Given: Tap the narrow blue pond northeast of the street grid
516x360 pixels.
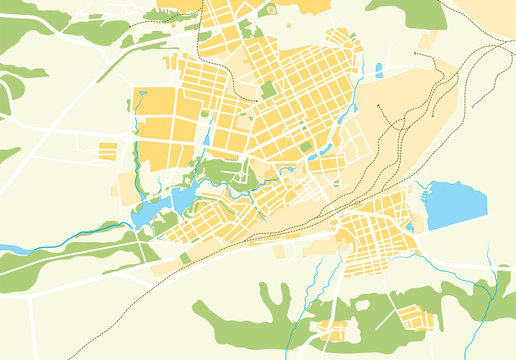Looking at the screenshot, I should tap(379, 70).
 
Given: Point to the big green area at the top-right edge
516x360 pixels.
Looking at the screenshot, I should tap(410, 12).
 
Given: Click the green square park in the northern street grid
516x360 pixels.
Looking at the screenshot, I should tap(268, 89).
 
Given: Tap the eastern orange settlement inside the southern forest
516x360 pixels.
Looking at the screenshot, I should tap(415, 319).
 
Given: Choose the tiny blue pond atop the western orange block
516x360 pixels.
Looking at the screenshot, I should tap(141, 95).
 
